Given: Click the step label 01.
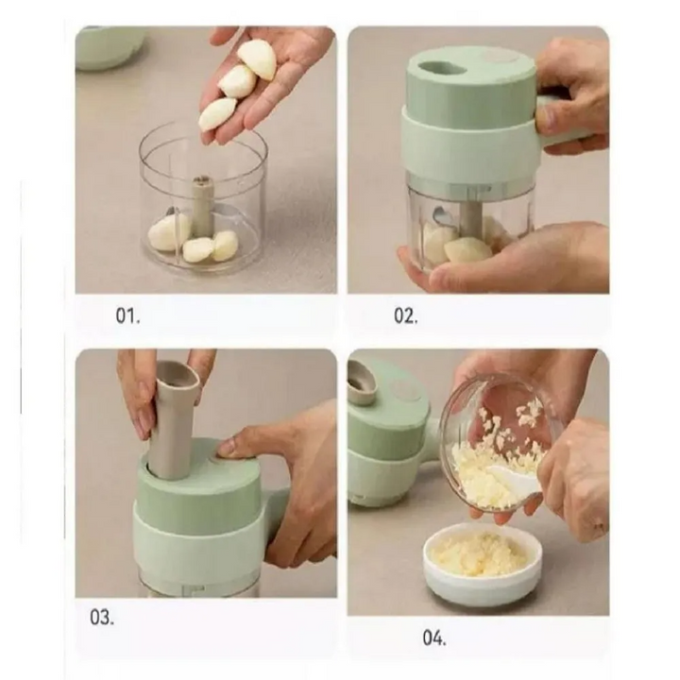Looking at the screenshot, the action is (x=127, y=315).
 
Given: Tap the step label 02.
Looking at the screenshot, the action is (x=406, y=315).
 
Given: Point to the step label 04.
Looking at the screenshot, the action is (x=434, y=637).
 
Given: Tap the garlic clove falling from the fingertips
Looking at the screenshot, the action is (x=217, y=112).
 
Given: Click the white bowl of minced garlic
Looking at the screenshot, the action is (x=483, y=562).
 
